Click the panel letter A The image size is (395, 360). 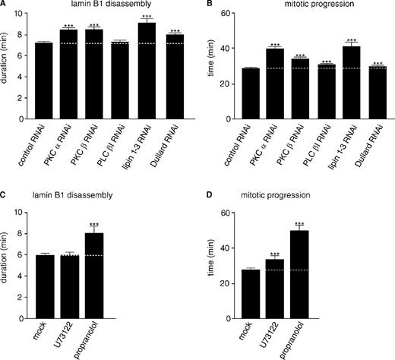[x=5, y=5]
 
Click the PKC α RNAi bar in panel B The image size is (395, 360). [x=275, y=84]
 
